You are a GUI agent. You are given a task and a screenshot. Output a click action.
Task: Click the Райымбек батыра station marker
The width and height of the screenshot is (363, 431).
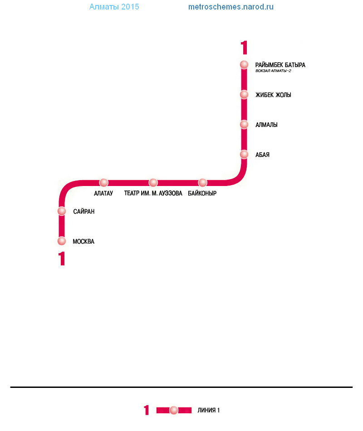click(x=244, y=64)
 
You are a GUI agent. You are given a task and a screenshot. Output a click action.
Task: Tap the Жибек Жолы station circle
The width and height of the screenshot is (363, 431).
click(x=244, y=94)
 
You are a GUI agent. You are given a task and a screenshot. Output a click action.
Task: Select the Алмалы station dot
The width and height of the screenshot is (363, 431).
click(x=244, y=124)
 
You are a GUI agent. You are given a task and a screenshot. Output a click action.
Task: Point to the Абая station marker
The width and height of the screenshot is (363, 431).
click(x=244, y=154)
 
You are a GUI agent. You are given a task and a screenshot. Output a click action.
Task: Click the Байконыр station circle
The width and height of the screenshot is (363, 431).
click(x=202, y=182)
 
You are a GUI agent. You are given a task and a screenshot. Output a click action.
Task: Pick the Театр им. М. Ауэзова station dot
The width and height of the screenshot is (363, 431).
click(x=153, y=182)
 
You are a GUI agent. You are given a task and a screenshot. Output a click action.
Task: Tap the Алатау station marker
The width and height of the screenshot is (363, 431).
click(x=103, y=182)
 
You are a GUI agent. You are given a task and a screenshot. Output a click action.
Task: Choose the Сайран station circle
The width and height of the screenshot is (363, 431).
click(x=62, y=211)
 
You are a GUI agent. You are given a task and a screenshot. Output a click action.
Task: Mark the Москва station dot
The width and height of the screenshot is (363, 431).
click(x=62, y=241)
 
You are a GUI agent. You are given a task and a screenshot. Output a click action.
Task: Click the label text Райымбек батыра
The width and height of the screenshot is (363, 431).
click(x=280, y=65)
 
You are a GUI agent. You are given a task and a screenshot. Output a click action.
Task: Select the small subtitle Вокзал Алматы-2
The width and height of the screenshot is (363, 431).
click(x=273, y=71)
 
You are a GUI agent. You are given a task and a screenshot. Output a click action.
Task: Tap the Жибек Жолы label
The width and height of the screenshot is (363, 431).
click(x=273, y=95)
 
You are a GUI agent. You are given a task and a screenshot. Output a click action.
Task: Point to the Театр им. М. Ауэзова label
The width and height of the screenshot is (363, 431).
click(x=153, y=193)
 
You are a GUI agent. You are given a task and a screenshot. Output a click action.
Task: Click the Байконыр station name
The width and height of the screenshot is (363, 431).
click(x=202, y=193)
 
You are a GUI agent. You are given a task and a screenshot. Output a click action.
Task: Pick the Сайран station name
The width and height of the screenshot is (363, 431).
click(x=83, y=211)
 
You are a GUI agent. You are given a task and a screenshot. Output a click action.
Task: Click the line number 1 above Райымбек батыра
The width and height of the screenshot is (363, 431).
click(x=244, y=48)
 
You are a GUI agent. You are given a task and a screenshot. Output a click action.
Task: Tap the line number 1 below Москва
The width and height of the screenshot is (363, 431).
click(x=62, y=259)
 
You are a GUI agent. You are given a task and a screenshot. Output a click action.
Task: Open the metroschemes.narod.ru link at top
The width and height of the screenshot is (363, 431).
click(x=231, y=7)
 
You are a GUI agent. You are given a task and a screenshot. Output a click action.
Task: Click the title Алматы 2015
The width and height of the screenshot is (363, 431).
click(x=114, y=7)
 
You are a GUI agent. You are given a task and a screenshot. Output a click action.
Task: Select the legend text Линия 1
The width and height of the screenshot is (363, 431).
click(x=208, y=411)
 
